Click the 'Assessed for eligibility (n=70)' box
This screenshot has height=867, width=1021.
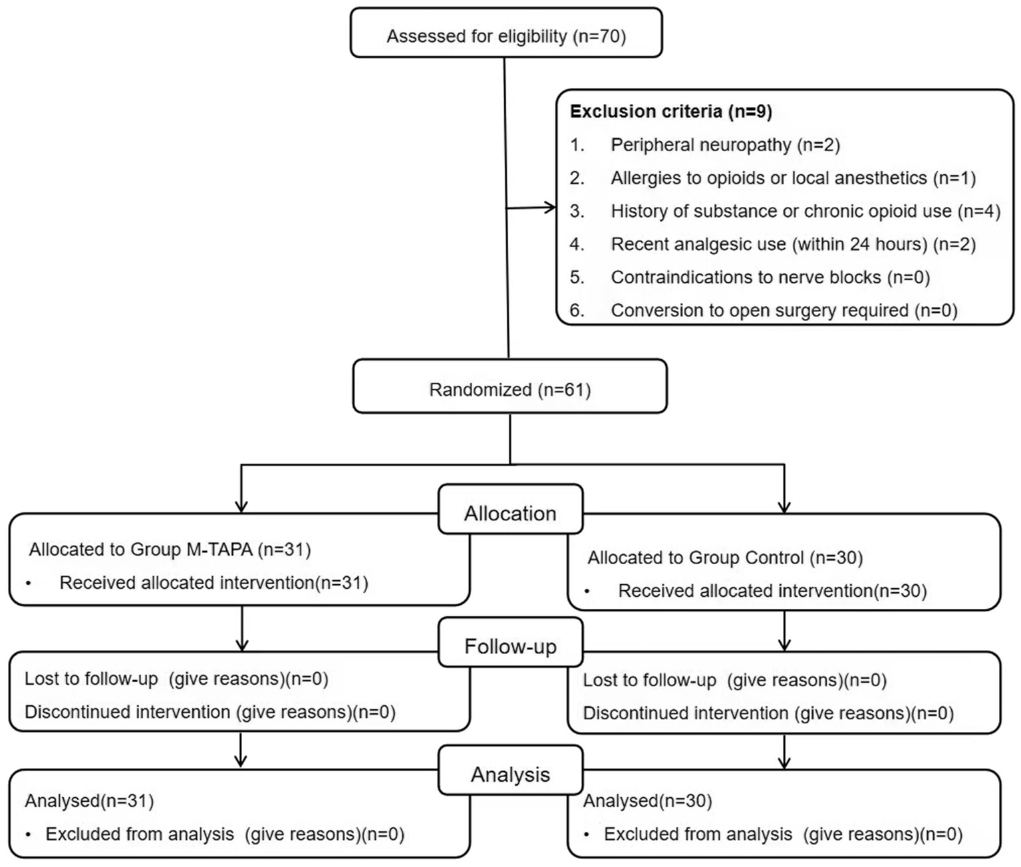pyautogui.click(x=506, y=36)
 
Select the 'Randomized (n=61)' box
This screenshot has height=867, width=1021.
pyautogui.click(x=510, y=389)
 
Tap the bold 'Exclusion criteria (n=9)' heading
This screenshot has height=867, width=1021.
pyautogui.click(x=670, y=111)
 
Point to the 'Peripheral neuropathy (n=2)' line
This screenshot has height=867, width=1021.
pyautogui.click(x=725, y=145)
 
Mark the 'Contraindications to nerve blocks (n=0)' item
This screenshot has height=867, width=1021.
pyautogui.click(x=770, y=277)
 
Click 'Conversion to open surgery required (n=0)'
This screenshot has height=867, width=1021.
pyautogui.click(x=784, y=311)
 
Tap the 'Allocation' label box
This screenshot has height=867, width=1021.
pyautogui.click(x=510, y=514)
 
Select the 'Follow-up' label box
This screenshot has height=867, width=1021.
pyautogui.click(x=510, y=646)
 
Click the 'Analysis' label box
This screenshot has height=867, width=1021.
pyautogui.click(x=510, y=775)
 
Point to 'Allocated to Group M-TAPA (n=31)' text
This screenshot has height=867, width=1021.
pyautogui.click(x=170, y=550)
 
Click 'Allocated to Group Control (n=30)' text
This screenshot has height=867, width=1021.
pyautogui.click(x=724, y=558)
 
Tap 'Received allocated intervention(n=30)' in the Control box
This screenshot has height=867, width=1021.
pyautogui.click(x=772, y=591)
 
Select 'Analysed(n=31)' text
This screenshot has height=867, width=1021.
pyautogui.click(x=89, y=800)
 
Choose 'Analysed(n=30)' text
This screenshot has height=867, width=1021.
pyautogui.click(x=647, y=801)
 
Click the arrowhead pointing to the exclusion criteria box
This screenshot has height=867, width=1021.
pyautogui.click(x=551, y=208)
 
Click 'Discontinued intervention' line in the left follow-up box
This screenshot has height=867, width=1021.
pyautogui.click(x=210, y=712)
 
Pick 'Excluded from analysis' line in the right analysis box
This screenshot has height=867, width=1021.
pyautogui.click(x=782, y=834)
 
